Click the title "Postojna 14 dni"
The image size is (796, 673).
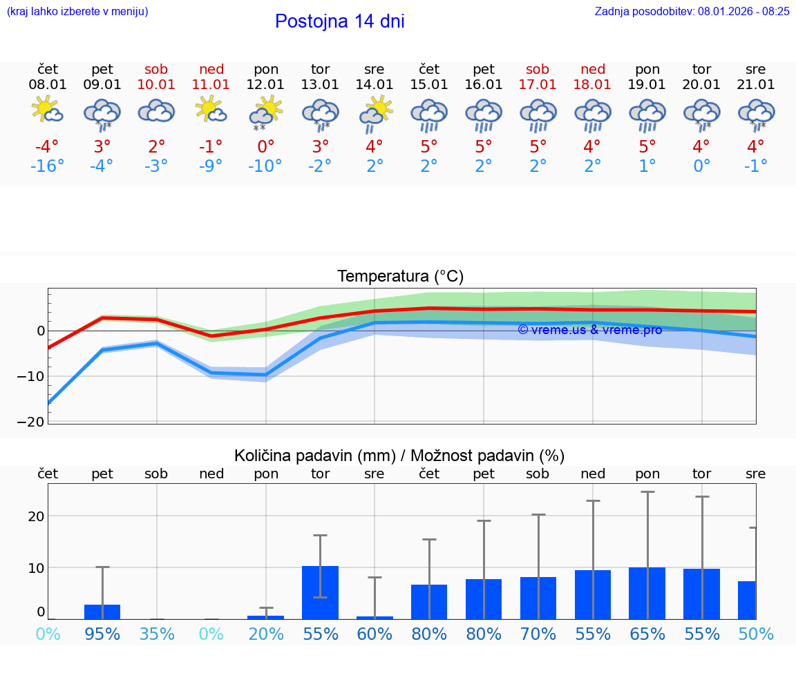[x=339, y=21]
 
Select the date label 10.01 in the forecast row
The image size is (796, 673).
[x=157, y=85]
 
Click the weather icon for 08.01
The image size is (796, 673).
[x=48, y=110]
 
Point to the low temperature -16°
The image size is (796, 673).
[x=48, y=166]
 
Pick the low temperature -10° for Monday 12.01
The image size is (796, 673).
[x=266, y=166]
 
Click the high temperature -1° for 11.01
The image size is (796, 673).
[x=211, y=147]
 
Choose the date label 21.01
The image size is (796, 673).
[x=756, y=85]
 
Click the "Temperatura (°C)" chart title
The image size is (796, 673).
[x=400, y=277]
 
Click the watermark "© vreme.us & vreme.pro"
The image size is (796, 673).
[x=590, y=330]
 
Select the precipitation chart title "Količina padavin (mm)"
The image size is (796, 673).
[x=314, y=456]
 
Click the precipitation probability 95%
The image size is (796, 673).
[x=102, y=634]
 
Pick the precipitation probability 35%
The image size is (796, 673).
[x=157, y=634]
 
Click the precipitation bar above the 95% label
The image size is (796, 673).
[x=102, y=612]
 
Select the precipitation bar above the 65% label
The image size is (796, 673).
[x=647, y=593]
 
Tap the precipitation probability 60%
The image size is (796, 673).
[x=375, y=634]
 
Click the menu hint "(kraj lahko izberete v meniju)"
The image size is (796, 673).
[x=77, y=11]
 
